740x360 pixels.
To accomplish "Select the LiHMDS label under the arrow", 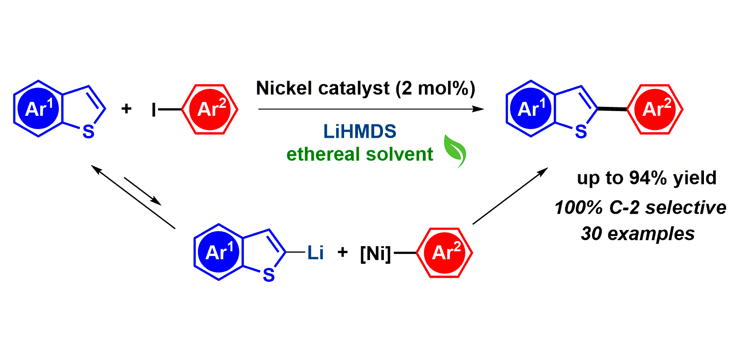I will coord(359,131).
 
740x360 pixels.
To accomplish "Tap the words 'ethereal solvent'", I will coord(360,154).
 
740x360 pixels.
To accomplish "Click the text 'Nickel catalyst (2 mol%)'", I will coord(365,88).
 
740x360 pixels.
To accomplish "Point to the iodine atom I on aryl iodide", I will coord(154,110).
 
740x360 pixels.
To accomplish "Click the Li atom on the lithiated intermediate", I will coord(315,253).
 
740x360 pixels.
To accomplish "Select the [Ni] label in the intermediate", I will coord(375,253).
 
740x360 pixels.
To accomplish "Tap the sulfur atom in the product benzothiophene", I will coord(581,132).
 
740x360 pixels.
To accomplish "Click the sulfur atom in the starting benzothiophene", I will coord(88,132).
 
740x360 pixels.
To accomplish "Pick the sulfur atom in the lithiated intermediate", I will coord(269,276).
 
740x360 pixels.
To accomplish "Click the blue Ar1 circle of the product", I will coord(531,109).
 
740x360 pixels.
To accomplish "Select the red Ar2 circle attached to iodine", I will coord(210,109).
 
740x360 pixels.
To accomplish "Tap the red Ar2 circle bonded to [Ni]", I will coord(445,253).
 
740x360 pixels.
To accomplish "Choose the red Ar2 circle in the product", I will coord(656,109).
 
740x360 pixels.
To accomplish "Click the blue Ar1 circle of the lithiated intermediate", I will coord(219,252).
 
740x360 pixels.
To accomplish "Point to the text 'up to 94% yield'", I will coord(647,178).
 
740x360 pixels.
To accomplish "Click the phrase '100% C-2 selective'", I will coord(640,207).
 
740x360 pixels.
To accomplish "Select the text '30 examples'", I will coord(638,234).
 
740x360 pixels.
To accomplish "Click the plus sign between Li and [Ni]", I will coord(343,252).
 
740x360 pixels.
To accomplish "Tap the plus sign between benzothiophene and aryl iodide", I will coord(126,109).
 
